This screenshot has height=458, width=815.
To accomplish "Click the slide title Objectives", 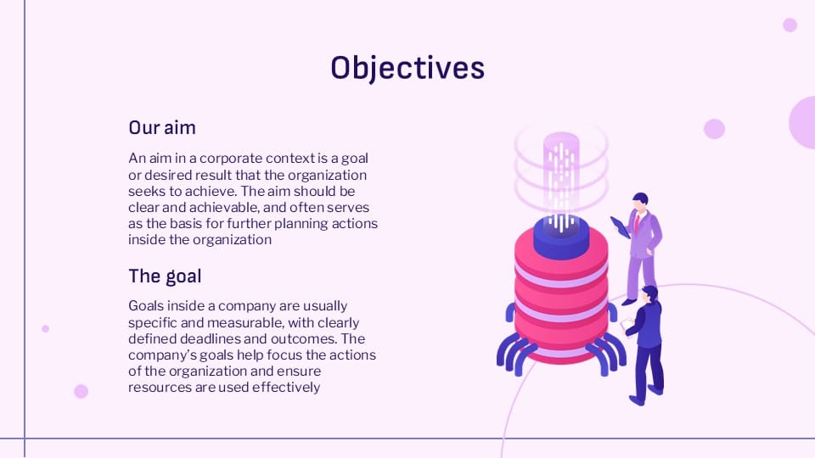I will tap(407, 67).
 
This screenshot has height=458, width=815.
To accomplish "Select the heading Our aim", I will tap(162, 128).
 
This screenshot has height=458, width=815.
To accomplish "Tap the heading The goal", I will tap(165, 276).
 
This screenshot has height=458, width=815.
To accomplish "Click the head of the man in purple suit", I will tap(640, 201).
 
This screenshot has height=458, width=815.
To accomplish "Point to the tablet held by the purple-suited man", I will tap(620, 226).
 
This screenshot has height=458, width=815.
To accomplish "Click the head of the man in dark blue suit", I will tap(649, 293).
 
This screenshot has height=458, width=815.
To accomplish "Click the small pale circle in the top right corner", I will tap(790, 25).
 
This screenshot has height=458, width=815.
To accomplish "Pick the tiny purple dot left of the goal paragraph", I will tap(46, 328).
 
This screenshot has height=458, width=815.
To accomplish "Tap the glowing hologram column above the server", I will tap(561, 170).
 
